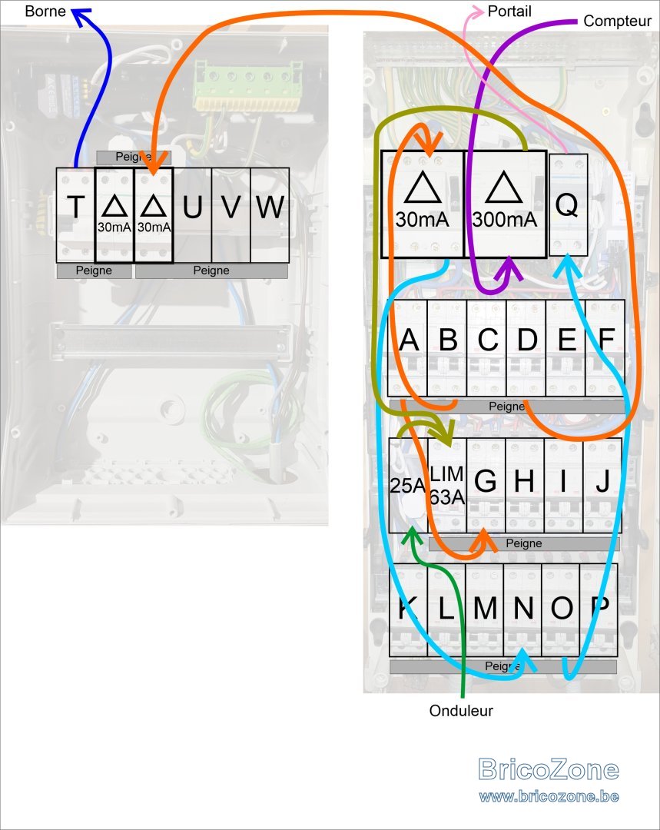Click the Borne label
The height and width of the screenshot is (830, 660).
(45, 11)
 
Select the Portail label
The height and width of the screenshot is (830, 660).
(509, 11)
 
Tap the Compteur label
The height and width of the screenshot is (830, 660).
(617, 22)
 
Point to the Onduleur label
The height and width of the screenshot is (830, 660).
(461, 710)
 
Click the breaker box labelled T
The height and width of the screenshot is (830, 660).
(76, 215)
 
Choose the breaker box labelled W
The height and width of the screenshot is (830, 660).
(270, 215)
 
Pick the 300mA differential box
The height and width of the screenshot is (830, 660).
(505, 204)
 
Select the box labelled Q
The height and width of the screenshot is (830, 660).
(569, 205)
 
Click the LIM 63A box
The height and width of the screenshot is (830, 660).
(447, 485)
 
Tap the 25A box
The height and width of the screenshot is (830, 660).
(408, 485)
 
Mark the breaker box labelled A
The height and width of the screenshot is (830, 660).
(407, 348)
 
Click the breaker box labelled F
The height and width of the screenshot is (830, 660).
(605, 348)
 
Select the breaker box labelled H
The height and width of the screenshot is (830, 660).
(525, 485)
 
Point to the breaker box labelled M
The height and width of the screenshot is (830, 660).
(485, 610)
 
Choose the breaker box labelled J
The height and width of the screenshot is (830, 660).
(602, 485)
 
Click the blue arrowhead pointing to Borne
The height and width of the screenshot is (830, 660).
(81, 16)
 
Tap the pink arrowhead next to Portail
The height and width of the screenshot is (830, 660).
(477, 11)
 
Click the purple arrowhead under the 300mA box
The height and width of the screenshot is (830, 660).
(509, 268)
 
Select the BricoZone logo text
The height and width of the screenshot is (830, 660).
(549, 769)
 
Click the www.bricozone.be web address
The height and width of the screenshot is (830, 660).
(549, 797)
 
